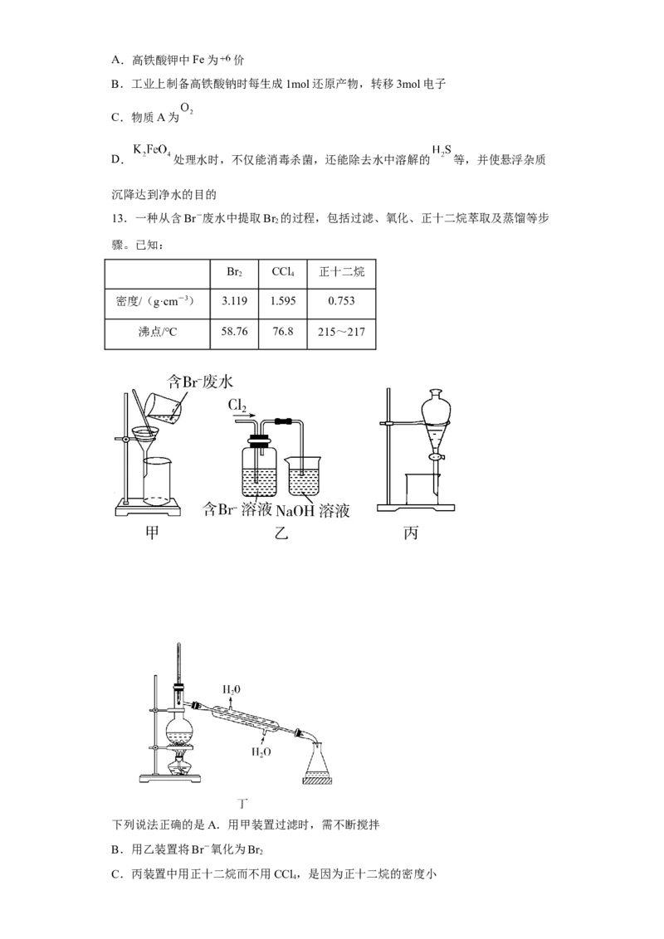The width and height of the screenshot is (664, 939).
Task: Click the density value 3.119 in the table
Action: (234, 300)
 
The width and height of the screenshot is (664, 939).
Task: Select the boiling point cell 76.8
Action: (283, 331)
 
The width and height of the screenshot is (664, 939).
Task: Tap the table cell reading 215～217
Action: (341, 332)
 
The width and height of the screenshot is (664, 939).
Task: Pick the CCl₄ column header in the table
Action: (283, 272)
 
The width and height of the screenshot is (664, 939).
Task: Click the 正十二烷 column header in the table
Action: (342, 272)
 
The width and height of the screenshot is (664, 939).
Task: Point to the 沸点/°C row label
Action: (158, 332)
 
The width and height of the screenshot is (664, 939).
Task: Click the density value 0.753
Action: (341, 300)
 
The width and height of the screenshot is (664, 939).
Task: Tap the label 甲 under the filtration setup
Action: (152, 532)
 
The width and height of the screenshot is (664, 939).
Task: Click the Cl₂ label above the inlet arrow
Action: (237, 406)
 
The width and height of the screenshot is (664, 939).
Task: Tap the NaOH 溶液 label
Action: (313, 511)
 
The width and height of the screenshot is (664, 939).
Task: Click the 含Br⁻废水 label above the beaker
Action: (199, 382)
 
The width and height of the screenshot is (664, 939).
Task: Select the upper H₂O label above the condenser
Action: (232, 690)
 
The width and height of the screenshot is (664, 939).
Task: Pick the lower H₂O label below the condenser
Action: (261, 752)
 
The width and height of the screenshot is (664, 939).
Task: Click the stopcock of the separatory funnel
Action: (437, 457)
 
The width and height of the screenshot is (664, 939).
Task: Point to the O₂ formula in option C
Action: (187, 109)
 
